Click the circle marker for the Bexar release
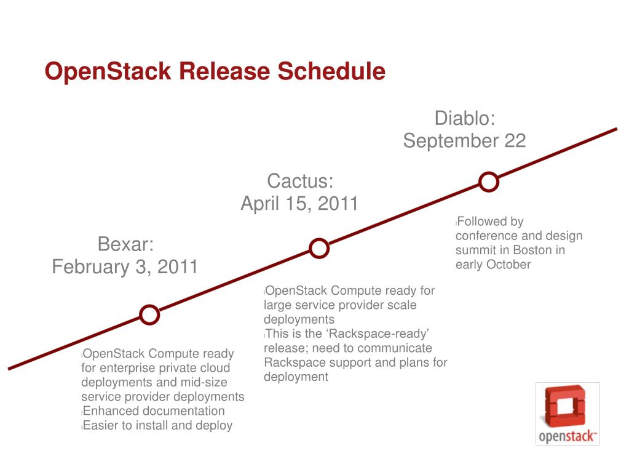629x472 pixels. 149,314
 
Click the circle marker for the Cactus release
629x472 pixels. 318,248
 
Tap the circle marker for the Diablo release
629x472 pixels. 488,182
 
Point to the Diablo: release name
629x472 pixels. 465,118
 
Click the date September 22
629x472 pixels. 464,141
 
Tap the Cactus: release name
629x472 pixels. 300,181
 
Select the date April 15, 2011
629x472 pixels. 299,204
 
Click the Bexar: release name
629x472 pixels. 125,244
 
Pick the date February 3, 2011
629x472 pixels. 125,267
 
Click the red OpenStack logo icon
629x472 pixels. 567,407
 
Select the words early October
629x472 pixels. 493,265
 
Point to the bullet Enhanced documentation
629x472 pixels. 153,411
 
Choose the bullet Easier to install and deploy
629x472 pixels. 157,425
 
